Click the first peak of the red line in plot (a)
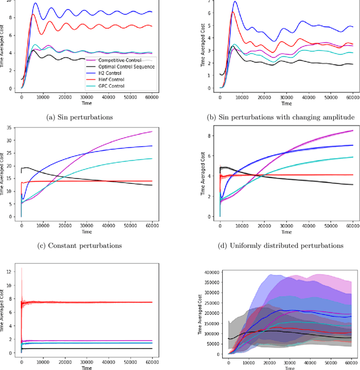pyautogui.click(x=33, y=14)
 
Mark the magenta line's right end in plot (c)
pyautogui.click(x=153, y=132)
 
